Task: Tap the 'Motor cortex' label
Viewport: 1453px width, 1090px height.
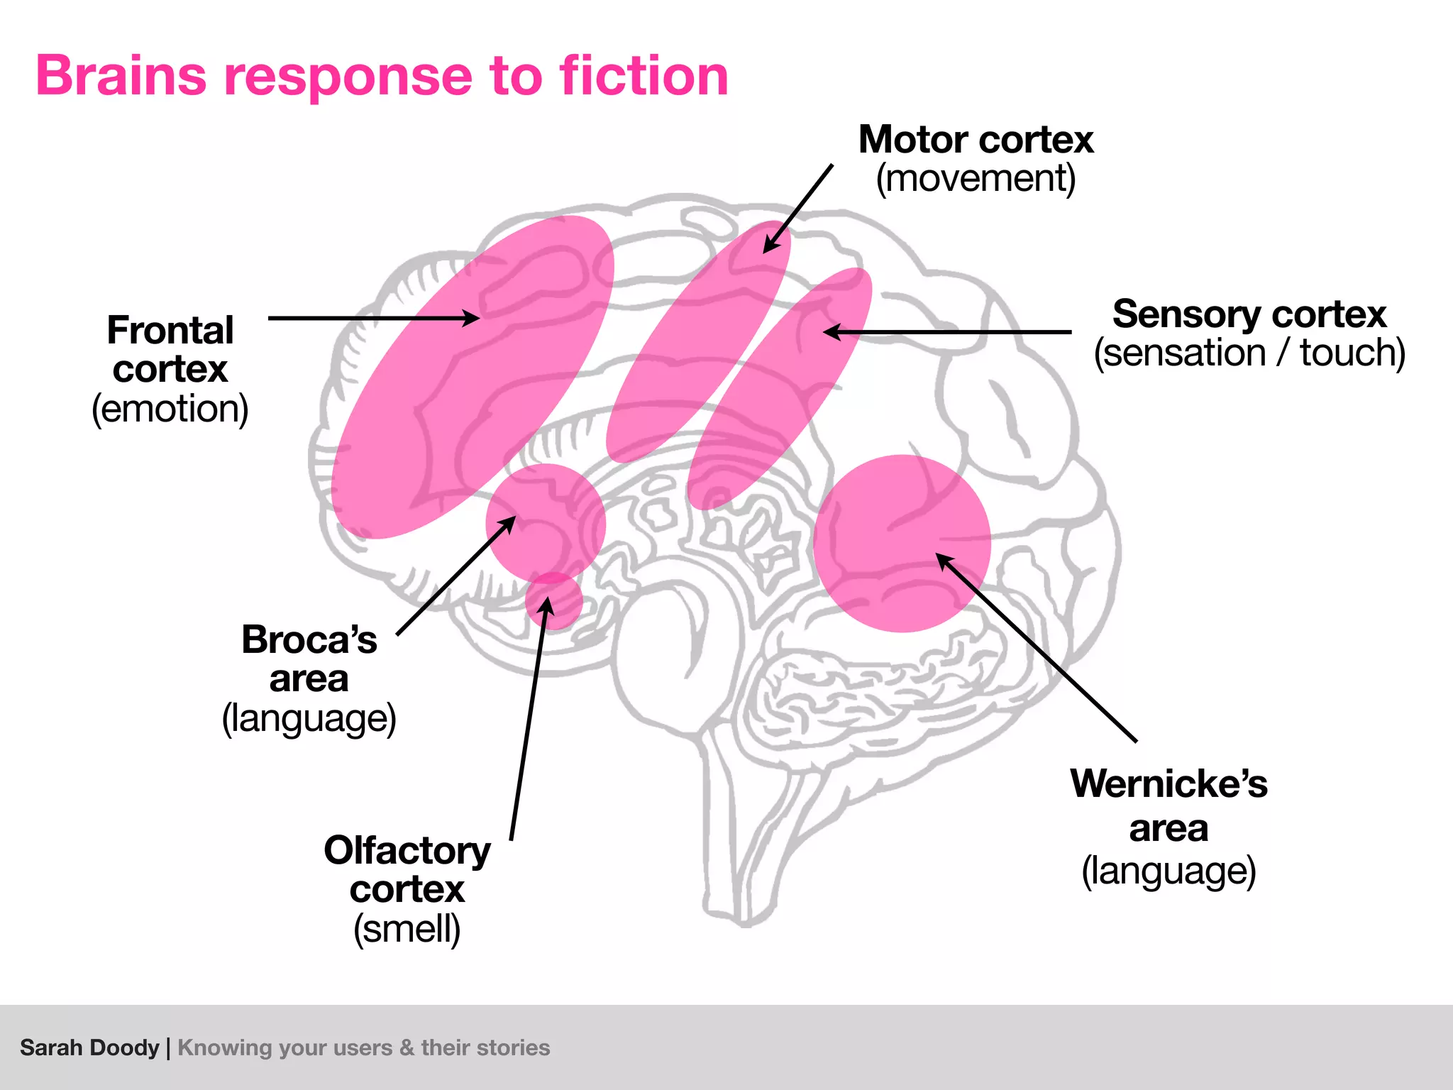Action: click(976, 140)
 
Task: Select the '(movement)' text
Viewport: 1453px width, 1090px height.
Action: click(976, 179)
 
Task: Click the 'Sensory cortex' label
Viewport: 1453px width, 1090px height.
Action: click(1249, 314)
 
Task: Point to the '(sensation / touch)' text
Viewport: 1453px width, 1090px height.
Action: click(1249, 353)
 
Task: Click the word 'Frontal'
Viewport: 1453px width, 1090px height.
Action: click(170, 331)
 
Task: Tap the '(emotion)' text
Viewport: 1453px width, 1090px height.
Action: click(170, 409)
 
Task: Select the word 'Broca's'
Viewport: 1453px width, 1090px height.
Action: click(309, 639)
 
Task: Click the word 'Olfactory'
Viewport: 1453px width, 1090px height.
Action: click(407, 850)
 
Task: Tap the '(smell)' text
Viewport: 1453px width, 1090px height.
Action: click(407, 929)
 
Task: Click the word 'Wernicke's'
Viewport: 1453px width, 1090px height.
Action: click(1169, 784)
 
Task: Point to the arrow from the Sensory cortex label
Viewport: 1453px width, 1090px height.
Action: click(947, 331)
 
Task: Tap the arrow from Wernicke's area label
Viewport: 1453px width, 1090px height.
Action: click(1036, 647)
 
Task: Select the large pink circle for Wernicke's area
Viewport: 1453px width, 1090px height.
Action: click(902, 544)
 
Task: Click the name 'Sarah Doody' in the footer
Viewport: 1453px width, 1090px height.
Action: click(89, 1047)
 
